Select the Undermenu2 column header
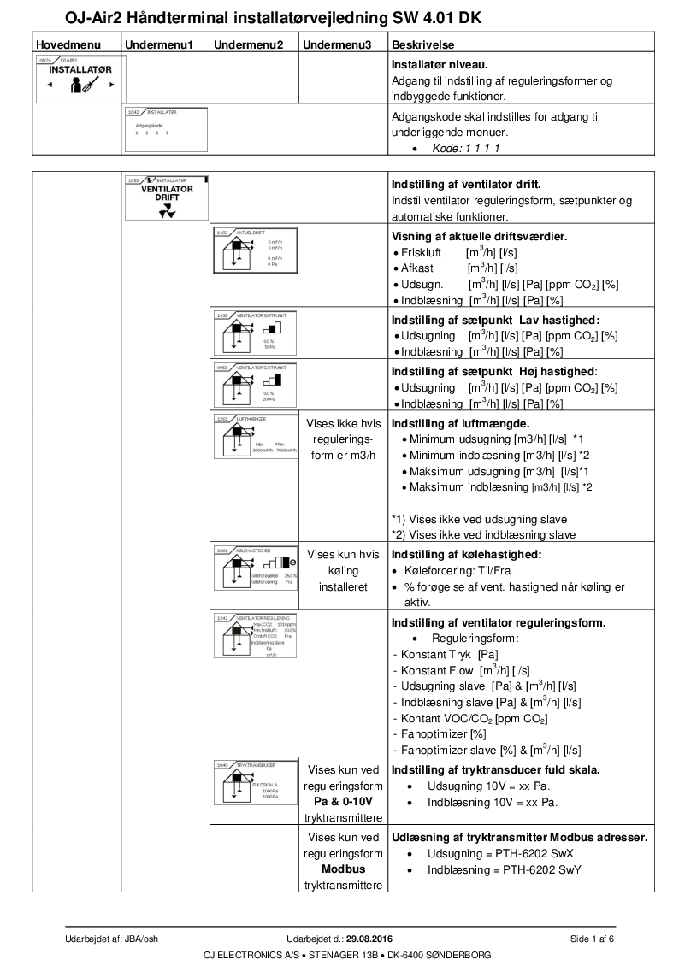point(247,44)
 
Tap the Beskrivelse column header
point(422,44)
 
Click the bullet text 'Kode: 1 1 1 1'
point(466,148)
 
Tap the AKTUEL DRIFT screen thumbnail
point(255,249)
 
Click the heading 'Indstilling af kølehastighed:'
point(467,554)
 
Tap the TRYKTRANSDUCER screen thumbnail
point(255,783)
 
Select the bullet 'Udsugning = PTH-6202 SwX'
point(500,854)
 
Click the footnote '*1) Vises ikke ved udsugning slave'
point(479,519)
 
